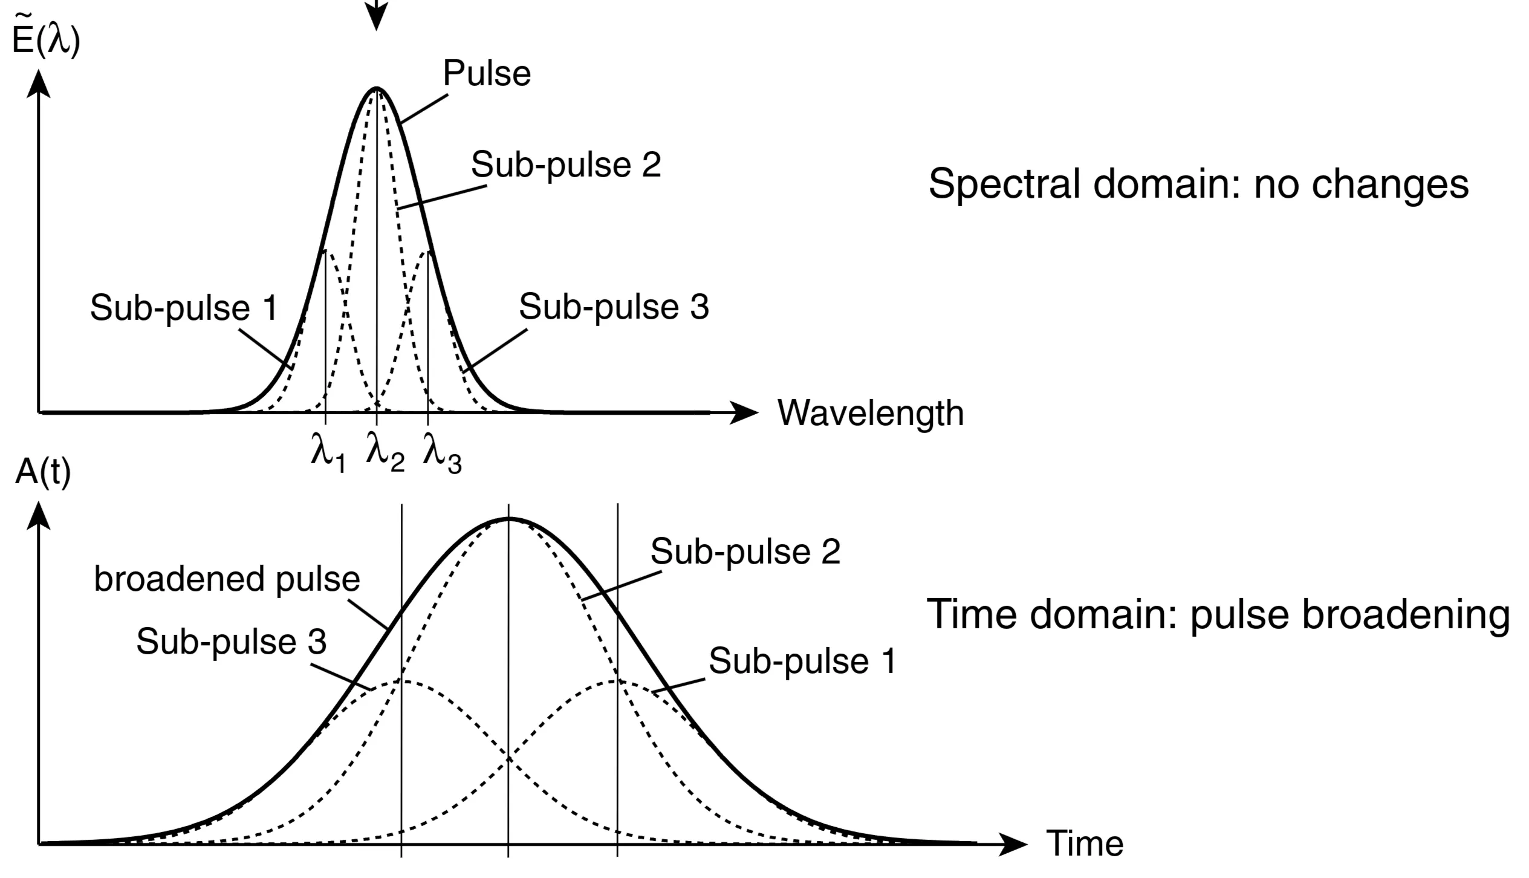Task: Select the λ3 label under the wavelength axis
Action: (x=442, y=454)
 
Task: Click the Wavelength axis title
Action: (x=870, y=415)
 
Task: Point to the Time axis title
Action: (x=1085, y=843)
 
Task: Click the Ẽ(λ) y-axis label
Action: (x=46, y=41)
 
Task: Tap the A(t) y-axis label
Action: (x=42, y=472)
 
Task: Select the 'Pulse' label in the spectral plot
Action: (x=487, y=74)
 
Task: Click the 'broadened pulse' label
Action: (x=227, y=579)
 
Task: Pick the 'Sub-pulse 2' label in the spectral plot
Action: (x=566, y=165)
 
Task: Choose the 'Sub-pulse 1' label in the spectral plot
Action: (x=184, y=308)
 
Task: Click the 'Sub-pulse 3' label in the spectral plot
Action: (x=614, y=307)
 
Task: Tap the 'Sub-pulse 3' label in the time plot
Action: (x=231, y=642)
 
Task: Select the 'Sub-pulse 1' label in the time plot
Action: (x=802, y=661)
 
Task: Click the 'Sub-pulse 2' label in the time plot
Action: (x=745, y=552)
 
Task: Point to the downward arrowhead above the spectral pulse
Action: (x=377, y=18)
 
